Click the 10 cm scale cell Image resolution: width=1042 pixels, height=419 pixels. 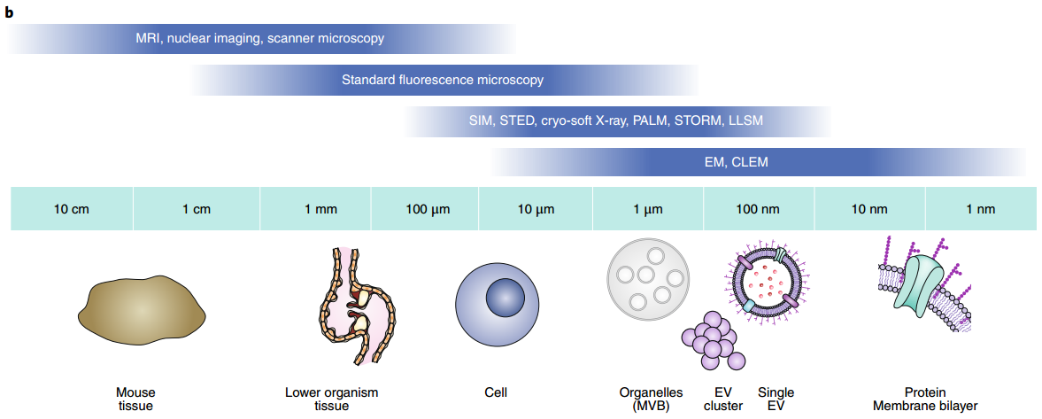click(x=72, y=209)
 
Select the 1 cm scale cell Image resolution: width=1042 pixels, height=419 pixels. click(x=197, y=209)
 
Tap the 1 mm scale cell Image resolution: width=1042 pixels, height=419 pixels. click(x=316, y=209)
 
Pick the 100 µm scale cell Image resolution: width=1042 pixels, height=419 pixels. click(x=425, y=209)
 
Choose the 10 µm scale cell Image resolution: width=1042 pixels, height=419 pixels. click(x=536, y=209)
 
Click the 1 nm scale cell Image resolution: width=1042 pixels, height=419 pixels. click(x=981, y=209)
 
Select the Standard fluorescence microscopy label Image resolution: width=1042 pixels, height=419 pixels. click(x=443, y=81)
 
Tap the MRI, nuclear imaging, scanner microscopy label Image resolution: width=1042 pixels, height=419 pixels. click(x=259, y=39)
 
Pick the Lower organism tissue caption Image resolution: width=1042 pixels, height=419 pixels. click(x=331, y=399)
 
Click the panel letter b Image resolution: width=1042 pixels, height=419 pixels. click(x=10, y=12)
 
